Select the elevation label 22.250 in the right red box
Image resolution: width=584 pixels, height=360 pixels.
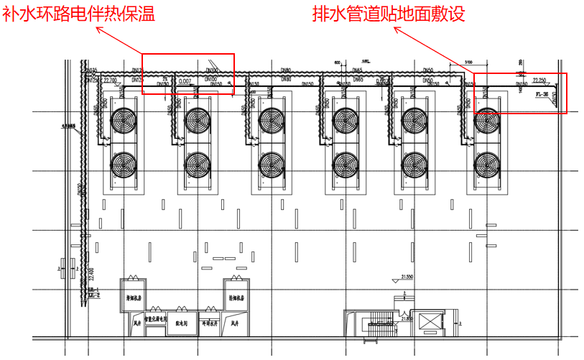point(540,80)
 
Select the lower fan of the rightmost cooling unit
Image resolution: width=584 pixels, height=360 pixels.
point(488,165)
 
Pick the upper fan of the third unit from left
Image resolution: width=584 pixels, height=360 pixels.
point(271,121)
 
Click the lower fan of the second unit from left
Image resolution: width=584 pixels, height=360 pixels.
point(198,165)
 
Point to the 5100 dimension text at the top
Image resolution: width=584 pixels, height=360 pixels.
point(468,62)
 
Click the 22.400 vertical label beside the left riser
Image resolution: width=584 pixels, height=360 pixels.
point(91,273)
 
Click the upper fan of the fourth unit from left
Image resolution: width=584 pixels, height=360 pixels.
point(344,121)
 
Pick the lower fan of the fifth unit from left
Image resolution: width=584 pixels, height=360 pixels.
point(416,165)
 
